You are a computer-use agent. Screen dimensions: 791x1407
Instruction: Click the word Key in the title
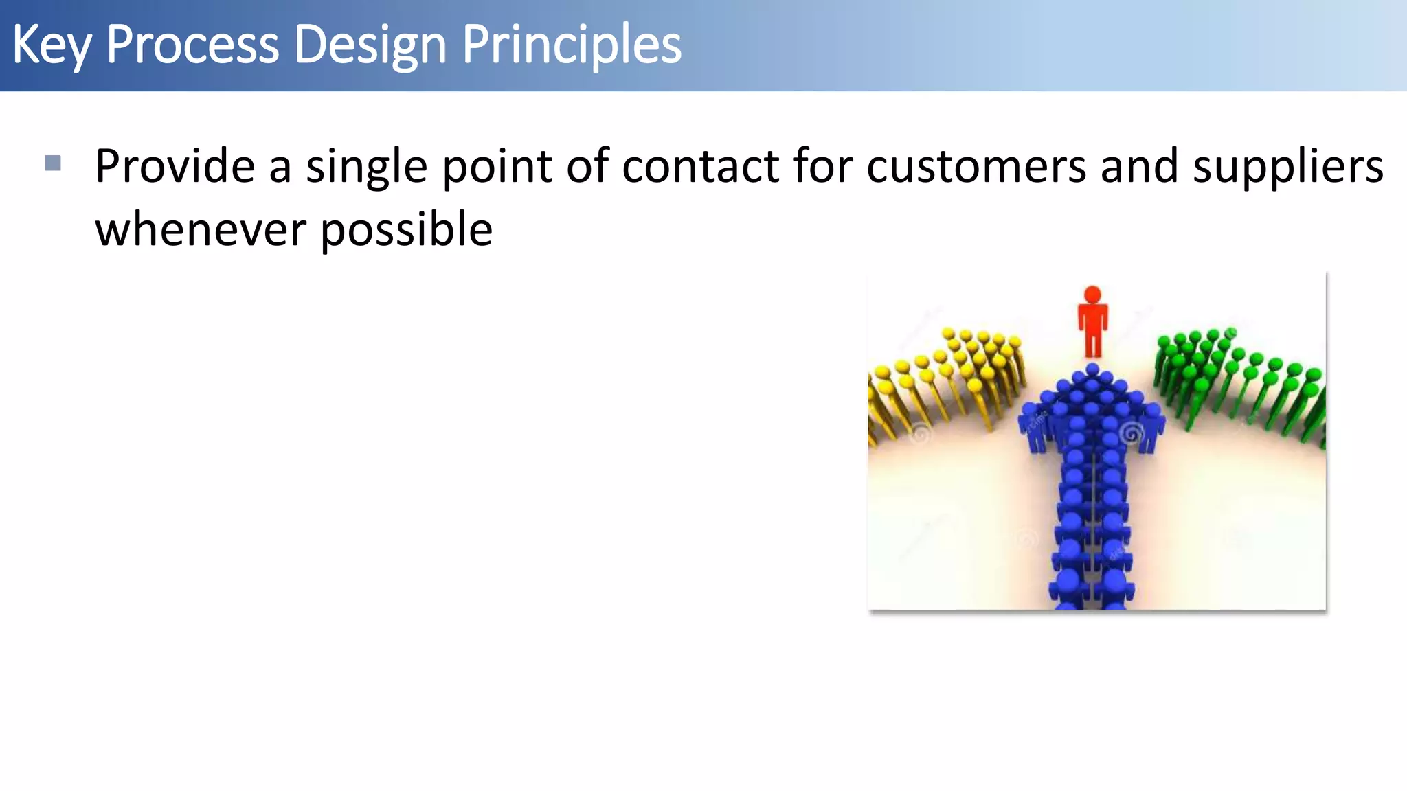point(51,45)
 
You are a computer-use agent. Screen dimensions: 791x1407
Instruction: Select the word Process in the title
point(192,45)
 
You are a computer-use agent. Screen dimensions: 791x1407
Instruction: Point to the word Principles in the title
point(571,45)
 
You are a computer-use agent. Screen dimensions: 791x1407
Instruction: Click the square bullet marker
point(53,163)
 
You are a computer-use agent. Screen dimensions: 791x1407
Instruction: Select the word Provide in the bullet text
point(175,167)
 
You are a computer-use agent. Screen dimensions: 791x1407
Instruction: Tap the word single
point(366,167)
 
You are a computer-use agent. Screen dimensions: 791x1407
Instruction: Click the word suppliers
point(1287,167)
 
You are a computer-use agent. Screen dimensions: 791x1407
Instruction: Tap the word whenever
point(200,230)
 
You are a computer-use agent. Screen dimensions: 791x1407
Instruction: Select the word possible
point(406,230)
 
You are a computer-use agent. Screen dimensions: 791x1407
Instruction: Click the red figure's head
point(1092,295)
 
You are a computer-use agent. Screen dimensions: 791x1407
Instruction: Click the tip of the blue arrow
point(1092,371)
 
